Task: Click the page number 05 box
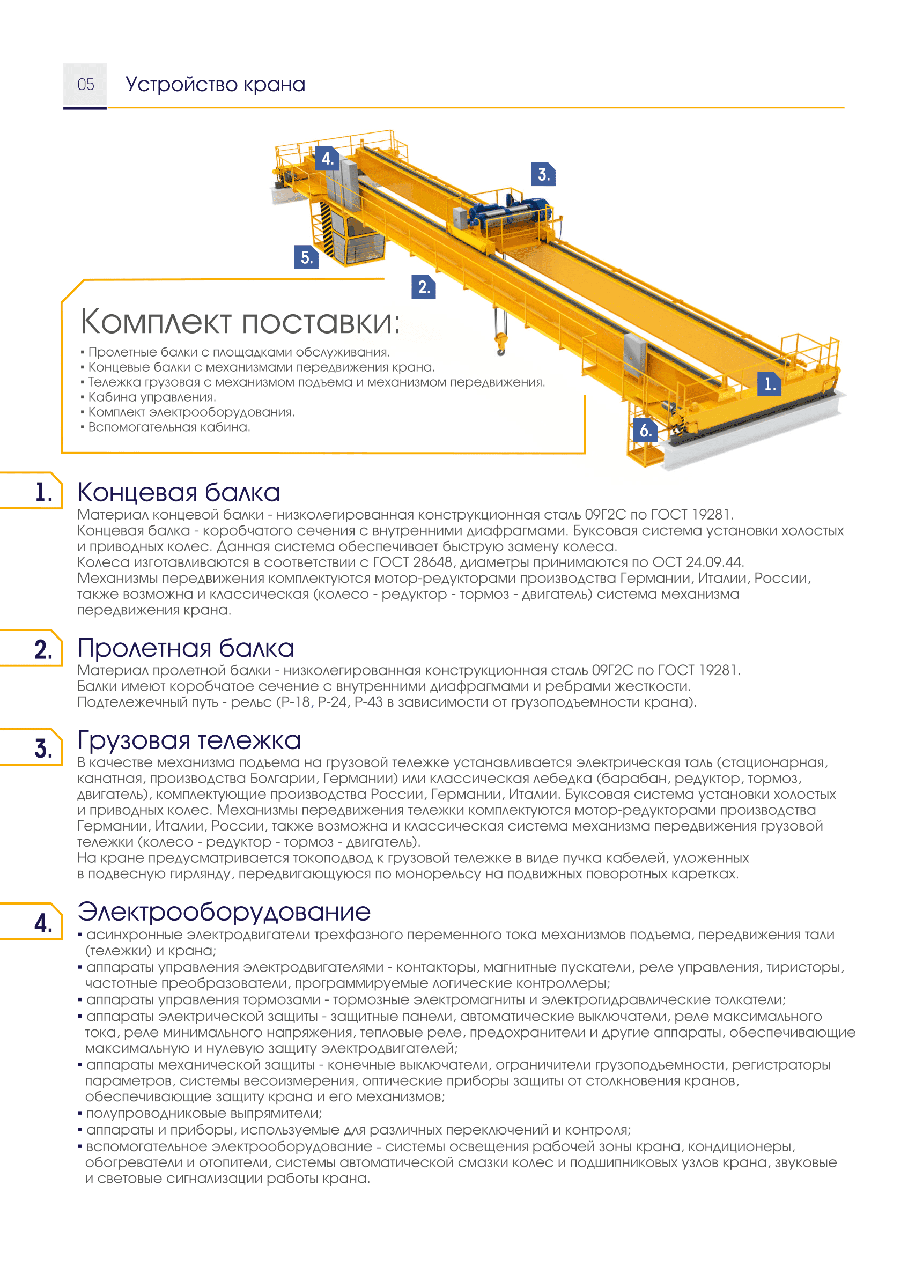point(85,85)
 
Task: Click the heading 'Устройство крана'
point(215,85)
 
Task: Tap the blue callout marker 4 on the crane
point(327,159)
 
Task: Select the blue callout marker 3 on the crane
point(543,174)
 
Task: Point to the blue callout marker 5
point(306,257)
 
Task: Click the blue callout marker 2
point(424,287)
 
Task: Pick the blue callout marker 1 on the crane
point(769,384)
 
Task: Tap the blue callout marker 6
point(645,430)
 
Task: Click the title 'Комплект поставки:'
point(240,322)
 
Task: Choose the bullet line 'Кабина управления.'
point(152,397)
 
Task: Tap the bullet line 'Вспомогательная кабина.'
point(169,427)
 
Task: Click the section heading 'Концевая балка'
point(179,493)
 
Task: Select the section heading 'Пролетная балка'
point(186,649)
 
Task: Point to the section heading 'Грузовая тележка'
point(189,741)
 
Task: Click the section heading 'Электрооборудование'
point(224,912)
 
